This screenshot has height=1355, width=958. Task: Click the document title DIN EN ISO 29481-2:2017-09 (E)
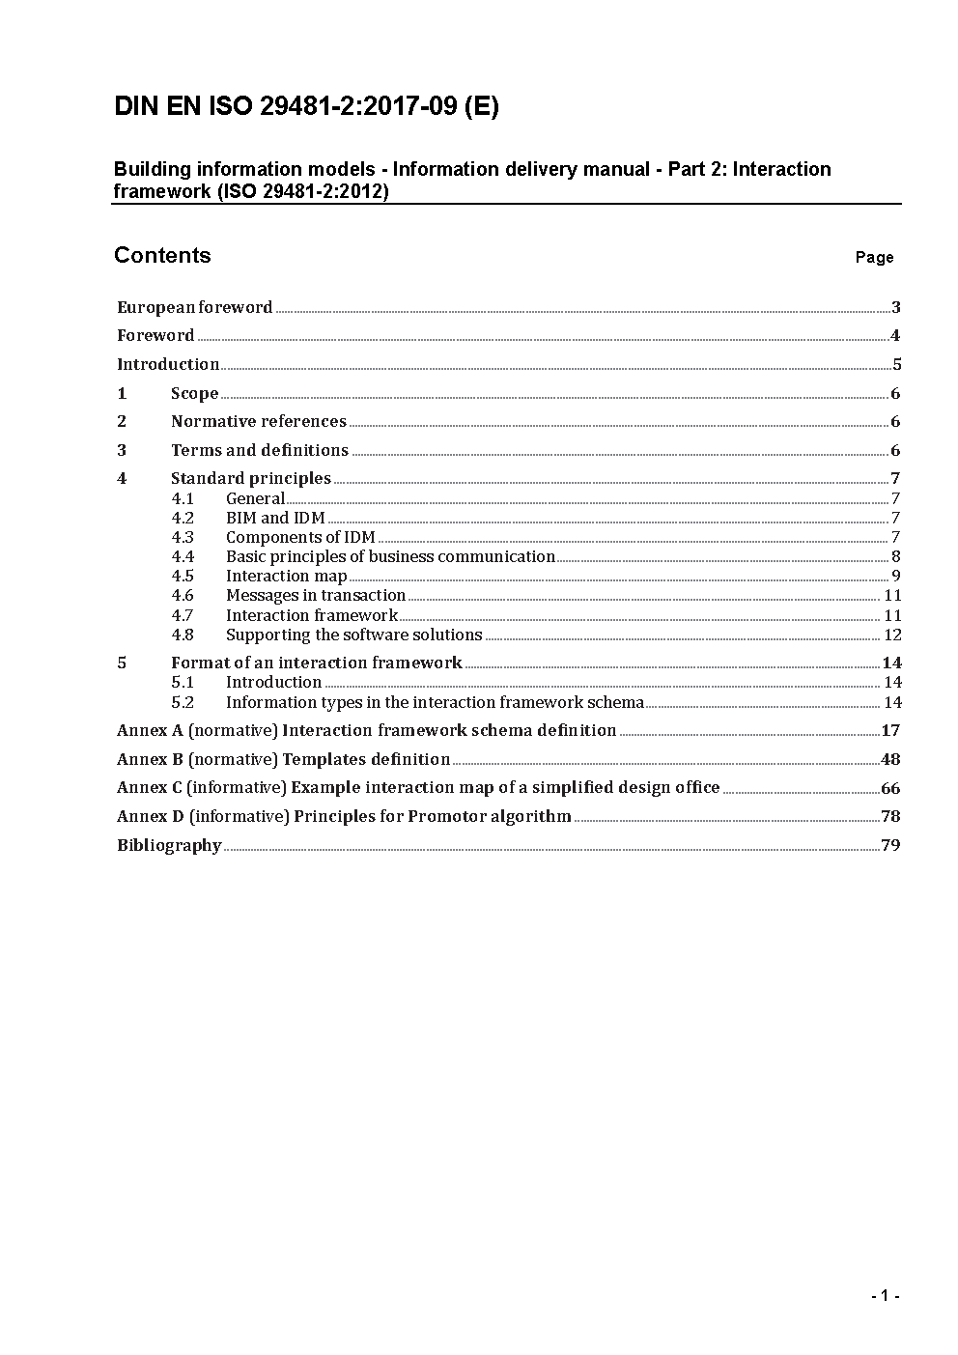coord(306,107)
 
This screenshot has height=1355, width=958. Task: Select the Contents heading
coord(162,255)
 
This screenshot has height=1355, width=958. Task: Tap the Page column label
coord(874,257)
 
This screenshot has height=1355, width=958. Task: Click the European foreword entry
coord(195,307)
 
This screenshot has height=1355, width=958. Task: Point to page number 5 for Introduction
coord(896,365)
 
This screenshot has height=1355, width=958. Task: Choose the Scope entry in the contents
coord(194,393)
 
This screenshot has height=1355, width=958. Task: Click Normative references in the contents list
coord(258,421)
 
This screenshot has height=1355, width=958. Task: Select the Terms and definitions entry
coord(259,450)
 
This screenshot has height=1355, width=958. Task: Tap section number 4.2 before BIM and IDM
coord(183,518)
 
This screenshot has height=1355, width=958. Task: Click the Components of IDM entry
coord(300,537)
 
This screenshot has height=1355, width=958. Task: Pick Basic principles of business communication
coord(390,556)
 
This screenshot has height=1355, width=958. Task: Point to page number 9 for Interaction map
coord(896,577)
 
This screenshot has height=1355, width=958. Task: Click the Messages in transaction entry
coord(315,595)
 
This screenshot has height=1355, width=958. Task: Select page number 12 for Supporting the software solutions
coord(892,635)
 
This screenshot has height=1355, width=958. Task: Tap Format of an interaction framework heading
coord(316,663)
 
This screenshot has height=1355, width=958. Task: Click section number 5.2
coord(183,702)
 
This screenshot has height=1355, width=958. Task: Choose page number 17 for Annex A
coord(890,730)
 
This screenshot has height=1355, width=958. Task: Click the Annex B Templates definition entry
coord(283,759)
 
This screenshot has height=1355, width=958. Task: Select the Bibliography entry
coord(169,845)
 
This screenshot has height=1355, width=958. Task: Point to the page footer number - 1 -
coord(885,1296)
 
